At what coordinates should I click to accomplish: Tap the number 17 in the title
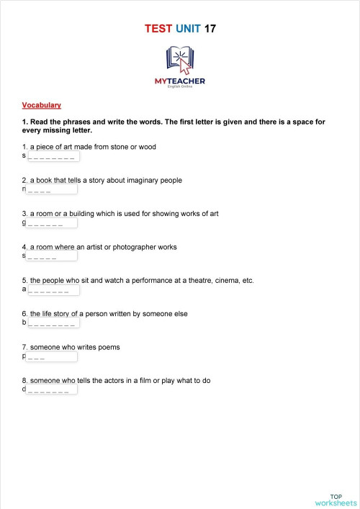click(210, 29)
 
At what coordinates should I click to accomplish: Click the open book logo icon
click(179, 60)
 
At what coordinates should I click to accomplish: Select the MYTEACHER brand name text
click(179, 81)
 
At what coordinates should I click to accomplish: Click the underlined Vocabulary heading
click(42, 105)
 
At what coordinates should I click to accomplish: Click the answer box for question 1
click(53, 156)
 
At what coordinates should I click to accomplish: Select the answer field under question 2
click(51, 190)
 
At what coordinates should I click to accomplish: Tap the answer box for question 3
click(51, 223)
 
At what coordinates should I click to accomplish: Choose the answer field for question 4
click(51, 256)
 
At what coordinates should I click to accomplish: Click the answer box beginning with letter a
click(53, 290)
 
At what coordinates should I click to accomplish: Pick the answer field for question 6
click(53, 323)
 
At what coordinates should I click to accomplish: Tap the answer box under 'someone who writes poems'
click(51, 357)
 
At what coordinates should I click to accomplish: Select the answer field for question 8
click(53, 390)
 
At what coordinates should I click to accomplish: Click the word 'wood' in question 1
click(147, 147)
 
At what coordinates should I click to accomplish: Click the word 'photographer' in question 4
click(136, 247)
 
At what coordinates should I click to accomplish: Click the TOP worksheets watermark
click(336, 500)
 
